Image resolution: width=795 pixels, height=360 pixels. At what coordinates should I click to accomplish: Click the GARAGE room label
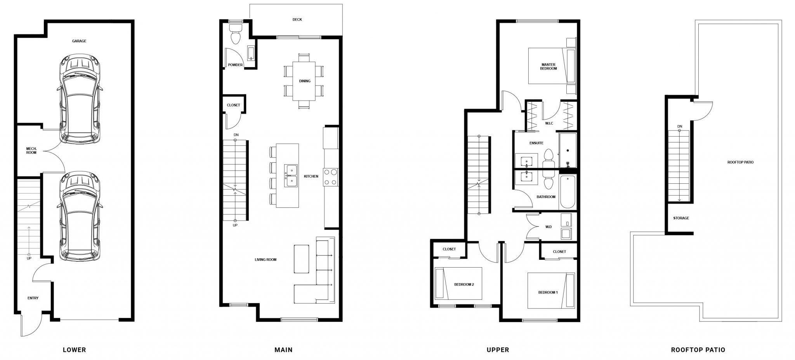click(79, 41)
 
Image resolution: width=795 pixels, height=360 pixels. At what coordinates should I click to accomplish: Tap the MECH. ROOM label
click(31, 151)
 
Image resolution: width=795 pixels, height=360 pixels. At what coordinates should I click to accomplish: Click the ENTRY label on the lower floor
click(33, 298)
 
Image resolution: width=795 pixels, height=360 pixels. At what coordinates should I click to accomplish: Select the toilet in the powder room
click(235, 34)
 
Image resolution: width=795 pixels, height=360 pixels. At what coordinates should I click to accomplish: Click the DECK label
click(297, 19)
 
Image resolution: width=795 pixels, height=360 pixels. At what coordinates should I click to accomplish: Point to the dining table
click(304, 81)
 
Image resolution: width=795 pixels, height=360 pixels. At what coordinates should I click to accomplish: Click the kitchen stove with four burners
click(331, 177)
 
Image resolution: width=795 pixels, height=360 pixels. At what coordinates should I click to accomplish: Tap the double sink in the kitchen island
click(291, 176)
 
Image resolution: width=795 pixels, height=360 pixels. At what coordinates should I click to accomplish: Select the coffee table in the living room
click(302, 259)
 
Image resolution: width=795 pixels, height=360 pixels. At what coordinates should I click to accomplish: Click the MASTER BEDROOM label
click(548, 66)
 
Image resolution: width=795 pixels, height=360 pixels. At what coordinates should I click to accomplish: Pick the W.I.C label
click(549, 123)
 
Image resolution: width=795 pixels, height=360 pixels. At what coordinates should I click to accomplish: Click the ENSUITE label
click(536, 143)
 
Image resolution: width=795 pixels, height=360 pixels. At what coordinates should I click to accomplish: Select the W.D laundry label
click(549, 227)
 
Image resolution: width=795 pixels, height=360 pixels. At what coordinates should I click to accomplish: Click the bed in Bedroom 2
click(458, 283)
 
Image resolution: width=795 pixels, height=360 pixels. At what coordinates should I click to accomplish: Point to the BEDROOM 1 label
click(548, 292)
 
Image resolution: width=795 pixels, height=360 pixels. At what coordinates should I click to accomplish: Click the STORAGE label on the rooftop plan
click(681, 218)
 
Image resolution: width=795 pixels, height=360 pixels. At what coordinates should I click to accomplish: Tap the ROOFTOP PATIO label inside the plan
click(740, 162)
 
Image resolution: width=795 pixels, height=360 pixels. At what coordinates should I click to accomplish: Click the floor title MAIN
click(283, 350)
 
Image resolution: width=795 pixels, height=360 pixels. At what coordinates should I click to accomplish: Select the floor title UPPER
click(498, 350)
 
